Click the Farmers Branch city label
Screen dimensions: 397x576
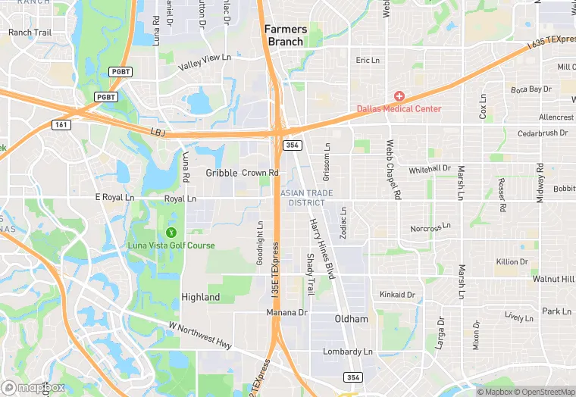point(286,36)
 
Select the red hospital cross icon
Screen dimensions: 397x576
point(399,96)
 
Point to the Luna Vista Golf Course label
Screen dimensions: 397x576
point(171,245)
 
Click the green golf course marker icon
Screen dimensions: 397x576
point(171,233)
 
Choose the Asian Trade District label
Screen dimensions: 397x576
point(306,198)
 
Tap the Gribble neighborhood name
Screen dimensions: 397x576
point(221,173)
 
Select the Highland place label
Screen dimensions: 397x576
point(201,298)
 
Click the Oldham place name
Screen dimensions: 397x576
point(352,319)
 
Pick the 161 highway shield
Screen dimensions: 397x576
point(61,124)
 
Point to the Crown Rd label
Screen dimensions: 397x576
point(260,173)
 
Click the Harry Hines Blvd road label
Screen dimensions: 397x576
point(321,249)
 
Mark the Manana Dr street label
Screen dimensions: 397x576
point(286,312)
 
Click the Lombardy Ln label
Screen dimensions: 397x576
point(348,352)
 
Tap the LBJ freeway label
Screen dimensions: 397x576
point(158,133)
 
